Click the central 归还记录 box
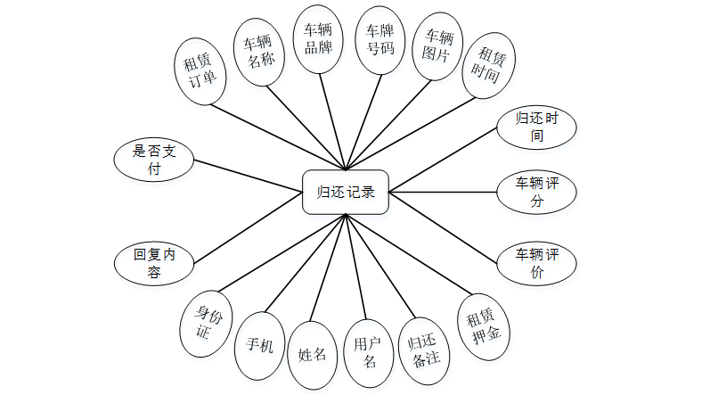[346, 192]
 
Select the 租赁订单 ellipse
[200, 73]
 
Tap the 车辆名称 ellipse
[258, 50]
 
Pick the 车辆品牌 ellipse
[318, 39]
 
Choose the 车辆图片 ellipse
[438, 45]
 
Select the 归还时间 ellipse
[537, 128]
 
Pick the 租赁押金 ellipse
[483, 327]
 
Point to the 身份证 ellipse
[201, 322]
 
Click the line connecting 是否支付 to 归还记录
[249, 174]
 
